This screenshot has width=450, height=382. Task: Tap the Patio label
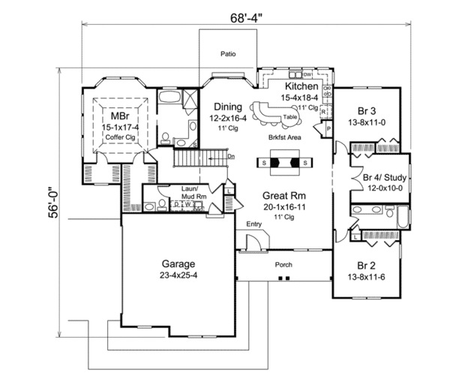click(228, 54)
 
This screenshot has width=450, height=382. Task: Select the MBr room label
click(118, 118)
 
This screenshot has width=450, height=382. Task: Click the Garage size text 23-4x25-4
click(178, 276)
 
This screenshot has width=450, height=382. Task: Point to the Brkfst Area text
click(283, 138)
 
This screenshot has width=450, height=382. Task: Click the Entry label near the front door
click(253, 224)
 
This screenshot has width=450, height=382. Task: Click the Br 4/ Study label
click(384, 178)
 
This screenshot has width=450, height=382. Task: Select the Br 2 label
click(365, 266)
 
